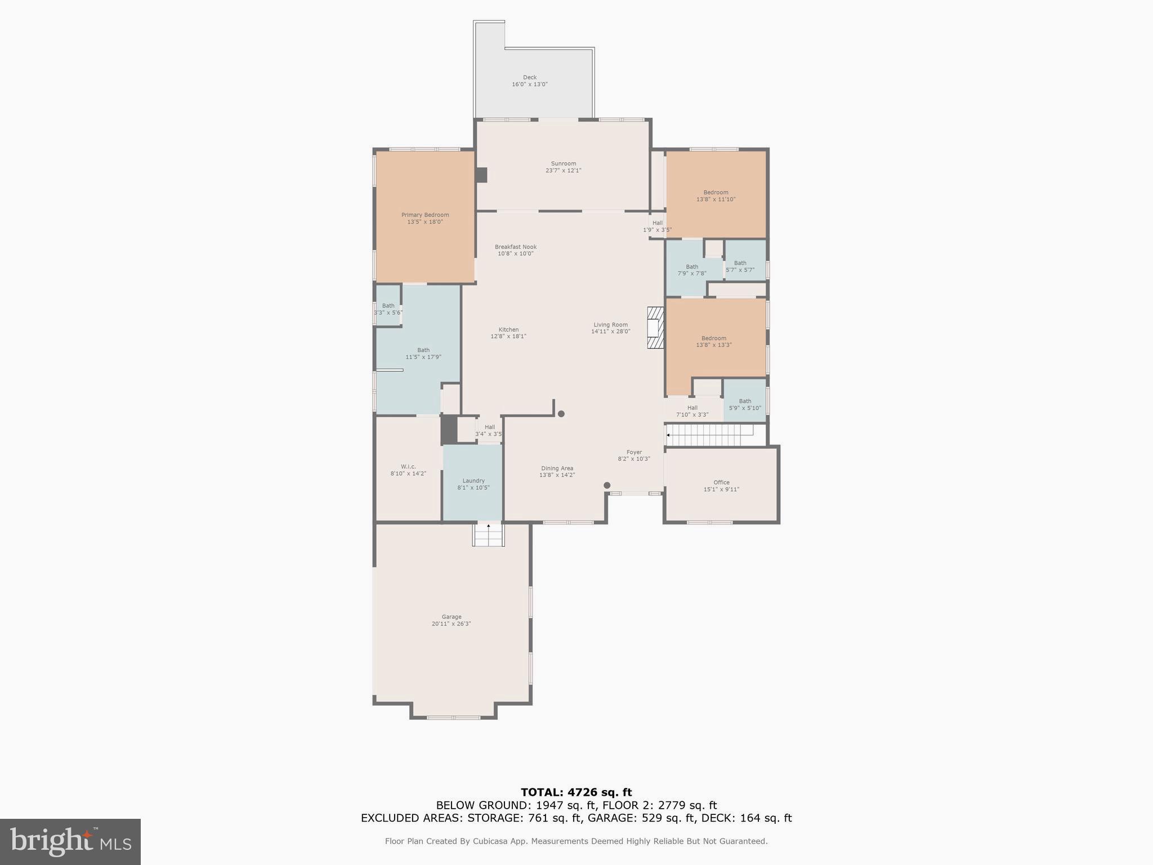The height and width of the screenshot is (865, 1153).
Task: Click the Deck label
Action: point(529,78)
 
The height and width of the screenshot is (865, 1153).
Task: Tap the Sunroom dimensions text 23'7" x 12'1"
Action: point(563,171)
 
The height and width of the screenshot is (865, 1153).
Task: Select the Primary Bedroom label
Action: point(425,215)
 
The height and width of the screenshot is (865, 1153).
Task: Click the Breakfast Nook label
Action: point(515,247)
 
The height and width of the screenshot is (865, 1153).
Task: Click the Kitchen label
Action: point(508,330)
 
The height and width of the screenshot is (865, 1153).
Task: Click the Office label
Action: point(721,483)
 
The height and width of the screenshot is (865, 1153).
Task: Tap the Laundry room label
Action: point(473,481)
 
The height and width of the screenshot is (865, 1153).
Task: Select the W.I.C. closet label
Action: point(408,467)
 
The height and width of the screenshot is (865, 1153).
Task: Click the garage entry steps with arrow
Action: point(488,534)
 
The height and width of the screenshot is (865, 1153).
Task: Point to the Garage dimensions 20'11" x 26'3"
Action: point(451,624)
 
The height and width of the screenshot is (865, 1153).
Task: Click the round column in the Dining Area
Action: point(607,485)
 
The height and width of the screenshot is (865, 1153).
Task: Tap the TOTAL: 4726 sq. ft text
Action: point(576,792)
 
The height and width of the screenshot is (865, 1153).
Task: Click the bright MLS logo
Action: point(70,841)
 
